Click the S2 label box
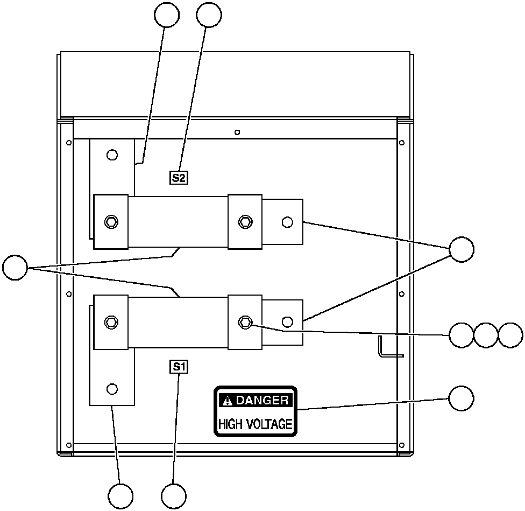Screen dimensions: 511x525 point(179,177)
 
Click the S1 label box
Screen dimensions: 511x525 point(179,367)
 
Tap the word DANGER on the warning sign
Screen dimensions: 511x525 point(262,400)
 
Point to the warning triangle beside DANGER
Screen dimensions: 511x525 point(228,400)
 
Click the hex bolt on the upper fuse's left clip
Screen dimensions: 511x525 point(111,221)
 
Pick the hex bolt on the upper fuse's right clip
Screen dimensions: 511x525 point(245,221)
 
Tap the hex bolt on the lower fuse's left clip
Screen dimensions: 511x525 point(111,322)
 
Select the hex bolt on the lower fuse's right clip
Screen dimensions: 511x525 point(245,322)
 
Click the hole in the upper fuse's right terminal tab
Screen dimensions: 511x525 point(287,221)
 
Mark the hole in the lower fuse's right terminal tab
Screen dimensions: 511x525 point(287,322)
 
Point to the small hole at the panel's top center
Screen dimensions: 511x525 point(237,132)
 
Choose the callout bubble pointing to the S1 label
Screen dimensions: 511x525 point(174,496)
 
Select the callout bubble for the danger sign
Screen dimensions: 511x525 point(462,398)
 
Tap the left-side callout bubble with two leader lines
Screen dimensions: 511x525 point(15,268)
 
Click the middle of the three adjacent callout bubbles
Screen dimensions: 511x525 point(486,335)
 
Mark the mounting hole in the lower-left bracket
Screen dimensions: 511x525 point(112,388)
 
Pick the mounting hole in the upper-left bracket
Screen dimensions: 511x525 point(112,155)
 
